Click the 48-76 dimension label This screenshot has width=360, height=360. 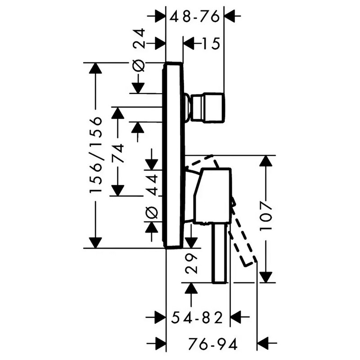[194, 17]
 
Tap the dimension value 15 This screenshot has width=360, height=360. [211, 43]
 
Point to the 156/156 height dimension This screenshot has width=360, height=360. [95, 155]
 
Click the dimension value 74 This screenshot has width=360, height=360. [117, 153]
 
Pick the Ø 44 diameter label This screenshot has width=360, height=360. [152, 196]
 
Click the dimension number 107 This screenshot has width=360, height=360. [266, 216]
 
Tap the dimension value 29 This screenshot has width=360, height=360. [191, 264]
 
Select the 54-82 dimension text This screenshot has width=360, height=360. [198, 318]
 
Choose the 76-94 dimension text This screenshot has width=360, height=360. [212, 344]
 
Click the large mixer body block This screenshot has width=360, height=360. [212, 196]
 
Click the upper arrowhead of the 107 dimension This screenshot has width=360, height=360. [266, 161]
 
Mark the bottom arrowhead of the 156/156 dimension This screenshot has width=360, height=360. [95, 243]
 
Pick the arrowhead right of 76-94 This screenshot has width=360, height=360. [263, 343]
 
